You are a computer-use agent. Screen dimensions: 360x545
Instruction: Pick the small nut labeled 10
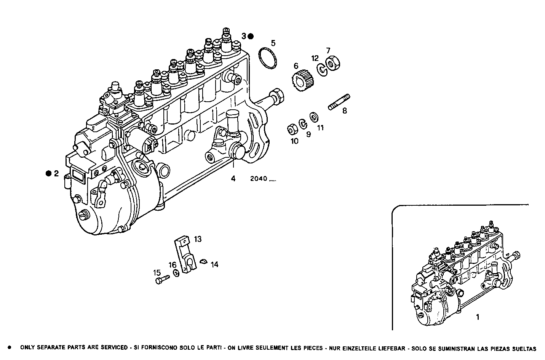292,130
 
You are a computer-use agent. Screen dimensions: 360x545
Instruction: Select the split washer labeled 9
303,123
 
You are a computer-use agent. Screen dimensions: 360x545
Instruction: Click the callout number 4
233,178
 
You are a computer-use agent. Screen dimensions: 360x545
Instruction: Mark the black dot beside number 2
48,174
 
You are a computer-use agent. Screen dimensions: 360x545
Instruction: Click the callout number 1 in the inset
478,317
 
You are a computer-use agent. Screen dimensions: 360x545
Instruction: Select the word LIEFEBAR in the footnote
390,348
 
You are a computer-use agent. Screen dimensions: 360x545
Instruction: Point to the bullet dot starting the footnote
10,348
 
